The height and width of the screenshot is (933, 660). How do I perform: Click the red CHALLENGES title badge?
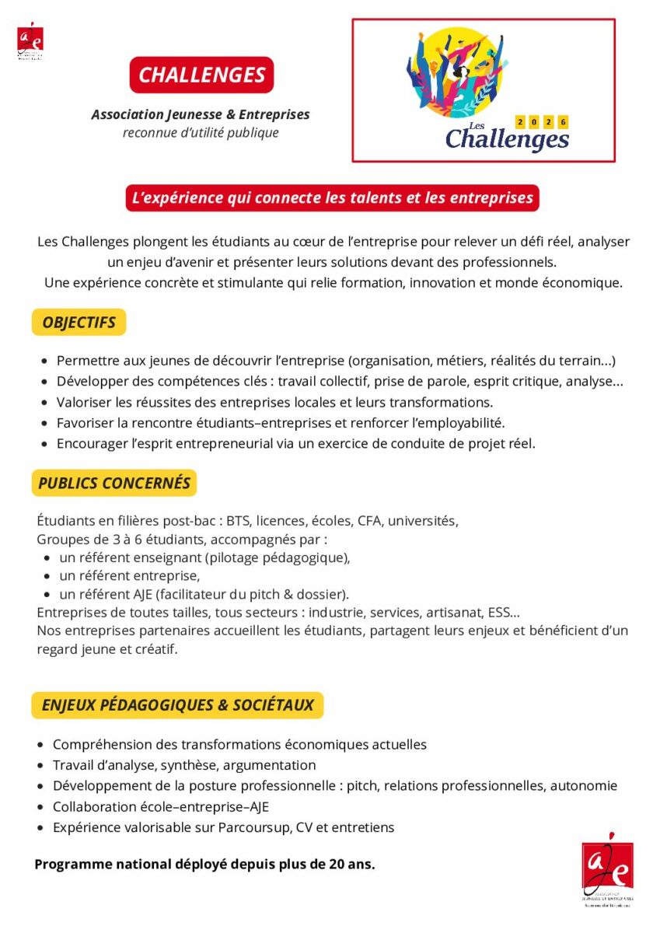201,75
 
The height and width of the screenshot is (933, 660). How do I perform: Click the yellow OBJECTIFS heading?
79,322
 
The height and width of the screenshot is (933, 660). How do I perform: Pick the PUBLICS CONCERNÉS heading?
113,483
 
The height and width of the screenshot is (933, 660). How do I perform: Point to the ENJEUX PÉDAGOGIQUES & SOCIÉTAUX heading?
177,705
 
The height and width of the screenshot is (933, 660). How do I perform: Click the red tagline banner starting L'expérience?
333,197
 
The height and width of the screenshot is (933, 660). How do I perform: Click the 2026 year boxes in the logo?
542,121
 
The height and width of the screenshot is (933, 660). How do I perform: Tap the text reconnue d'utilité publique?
201,133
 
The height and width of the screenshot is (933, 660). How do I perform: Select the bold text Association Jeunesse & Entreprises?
201,114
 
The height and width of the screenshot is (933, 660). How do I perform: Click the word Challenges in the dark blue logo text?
507,139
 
